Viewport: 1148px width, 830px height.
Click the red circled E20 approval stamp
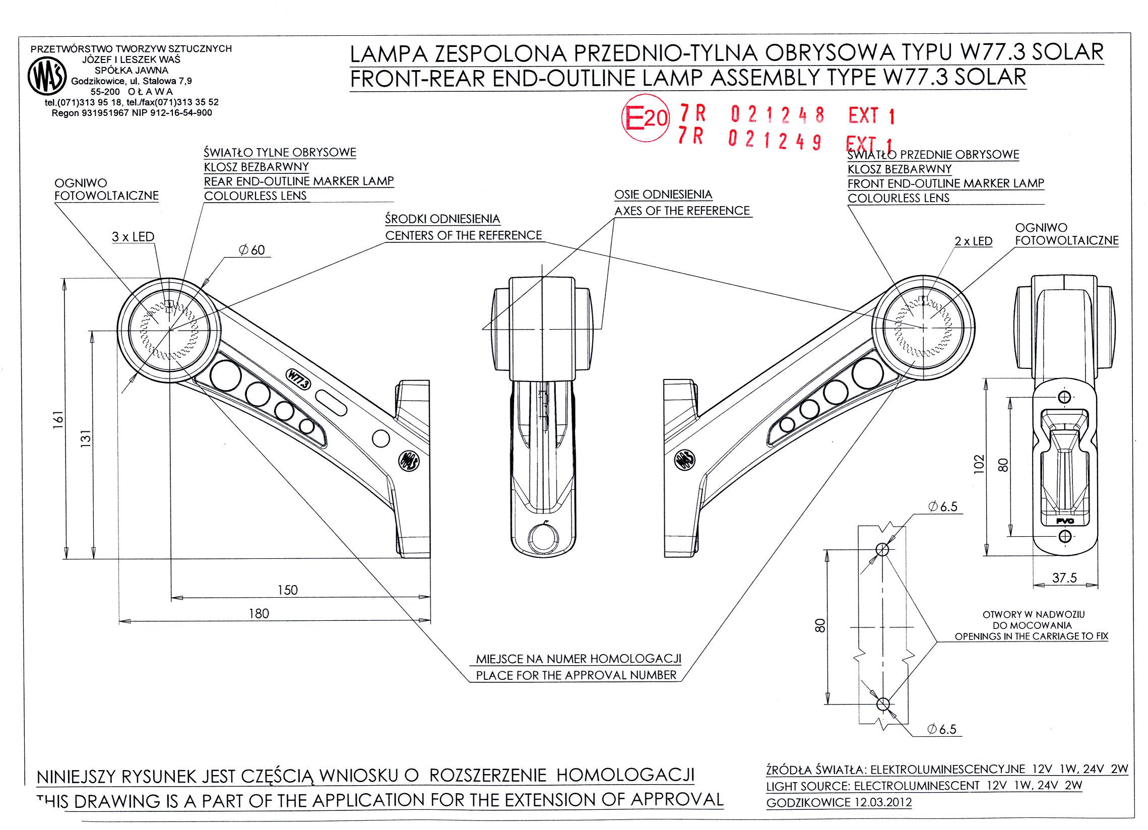point(646,118)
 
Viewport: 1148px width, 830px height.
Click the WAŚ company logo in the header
point(47,76)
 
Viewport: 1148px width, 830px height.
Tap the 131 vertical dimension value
point(86,438)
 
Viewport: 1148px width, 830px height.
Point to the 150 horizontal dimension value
point(288,590)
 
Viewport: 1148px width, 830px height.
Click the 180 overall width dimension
point(259,613)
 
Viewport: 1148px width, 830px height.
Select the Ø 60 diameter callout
point(252,250)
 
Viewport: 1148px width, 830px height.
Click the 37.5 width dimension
point(1064,578)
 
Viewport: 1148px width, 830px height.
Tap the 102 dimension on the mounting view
point(979,464)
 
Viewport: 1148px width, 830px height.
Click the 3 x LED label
point(133,237)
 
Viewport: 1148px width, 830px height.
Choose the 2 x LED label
point(973,241)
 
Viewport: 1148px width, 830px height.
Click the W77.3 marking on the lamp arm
point(298,379)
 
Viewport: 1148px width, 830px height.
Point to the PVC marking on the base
point(1065,521)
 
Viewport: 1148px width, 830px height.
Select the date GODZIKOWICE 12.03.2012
point(839,803)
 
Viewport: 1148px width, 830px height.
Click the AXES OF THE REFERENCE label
point(682,211)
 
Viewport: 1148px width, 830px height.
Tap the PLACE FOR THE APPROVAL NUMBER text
point(576,675)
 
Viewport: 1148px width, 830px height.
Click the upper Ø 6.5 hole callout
point(943,506)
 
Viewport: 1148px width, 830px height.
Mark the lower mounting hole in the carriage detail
point(883,704)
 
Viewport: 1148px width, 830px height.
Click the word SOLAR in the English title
point(990,77)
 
